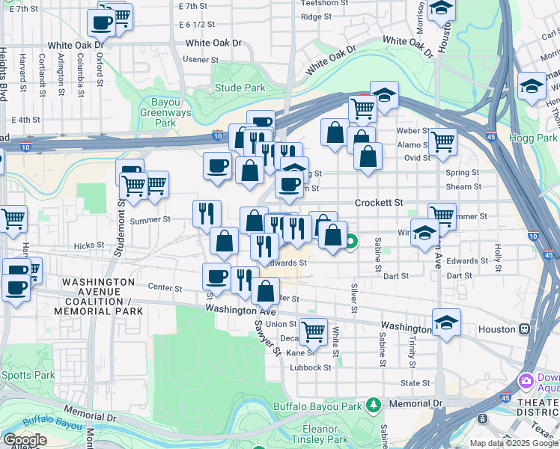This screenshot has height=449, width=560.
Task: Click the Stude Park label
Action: point(240,88)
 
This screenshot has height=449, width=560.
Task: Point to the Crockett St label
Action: point(378,203)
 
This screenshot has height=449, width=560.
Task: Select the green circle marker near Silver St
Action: point(351,242)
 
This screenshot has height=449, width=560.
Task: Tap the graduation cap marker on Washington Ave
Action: point(446,322)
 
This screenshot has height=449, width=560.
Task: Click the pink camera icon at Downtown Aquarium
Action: point(526,380)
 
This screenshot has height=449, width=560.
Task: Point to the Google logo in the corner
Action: point(24,440)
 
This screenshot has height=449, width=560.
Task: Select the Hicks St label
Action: point(88,245)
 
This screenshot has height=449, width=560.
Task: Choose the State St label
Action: point(414,382)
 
